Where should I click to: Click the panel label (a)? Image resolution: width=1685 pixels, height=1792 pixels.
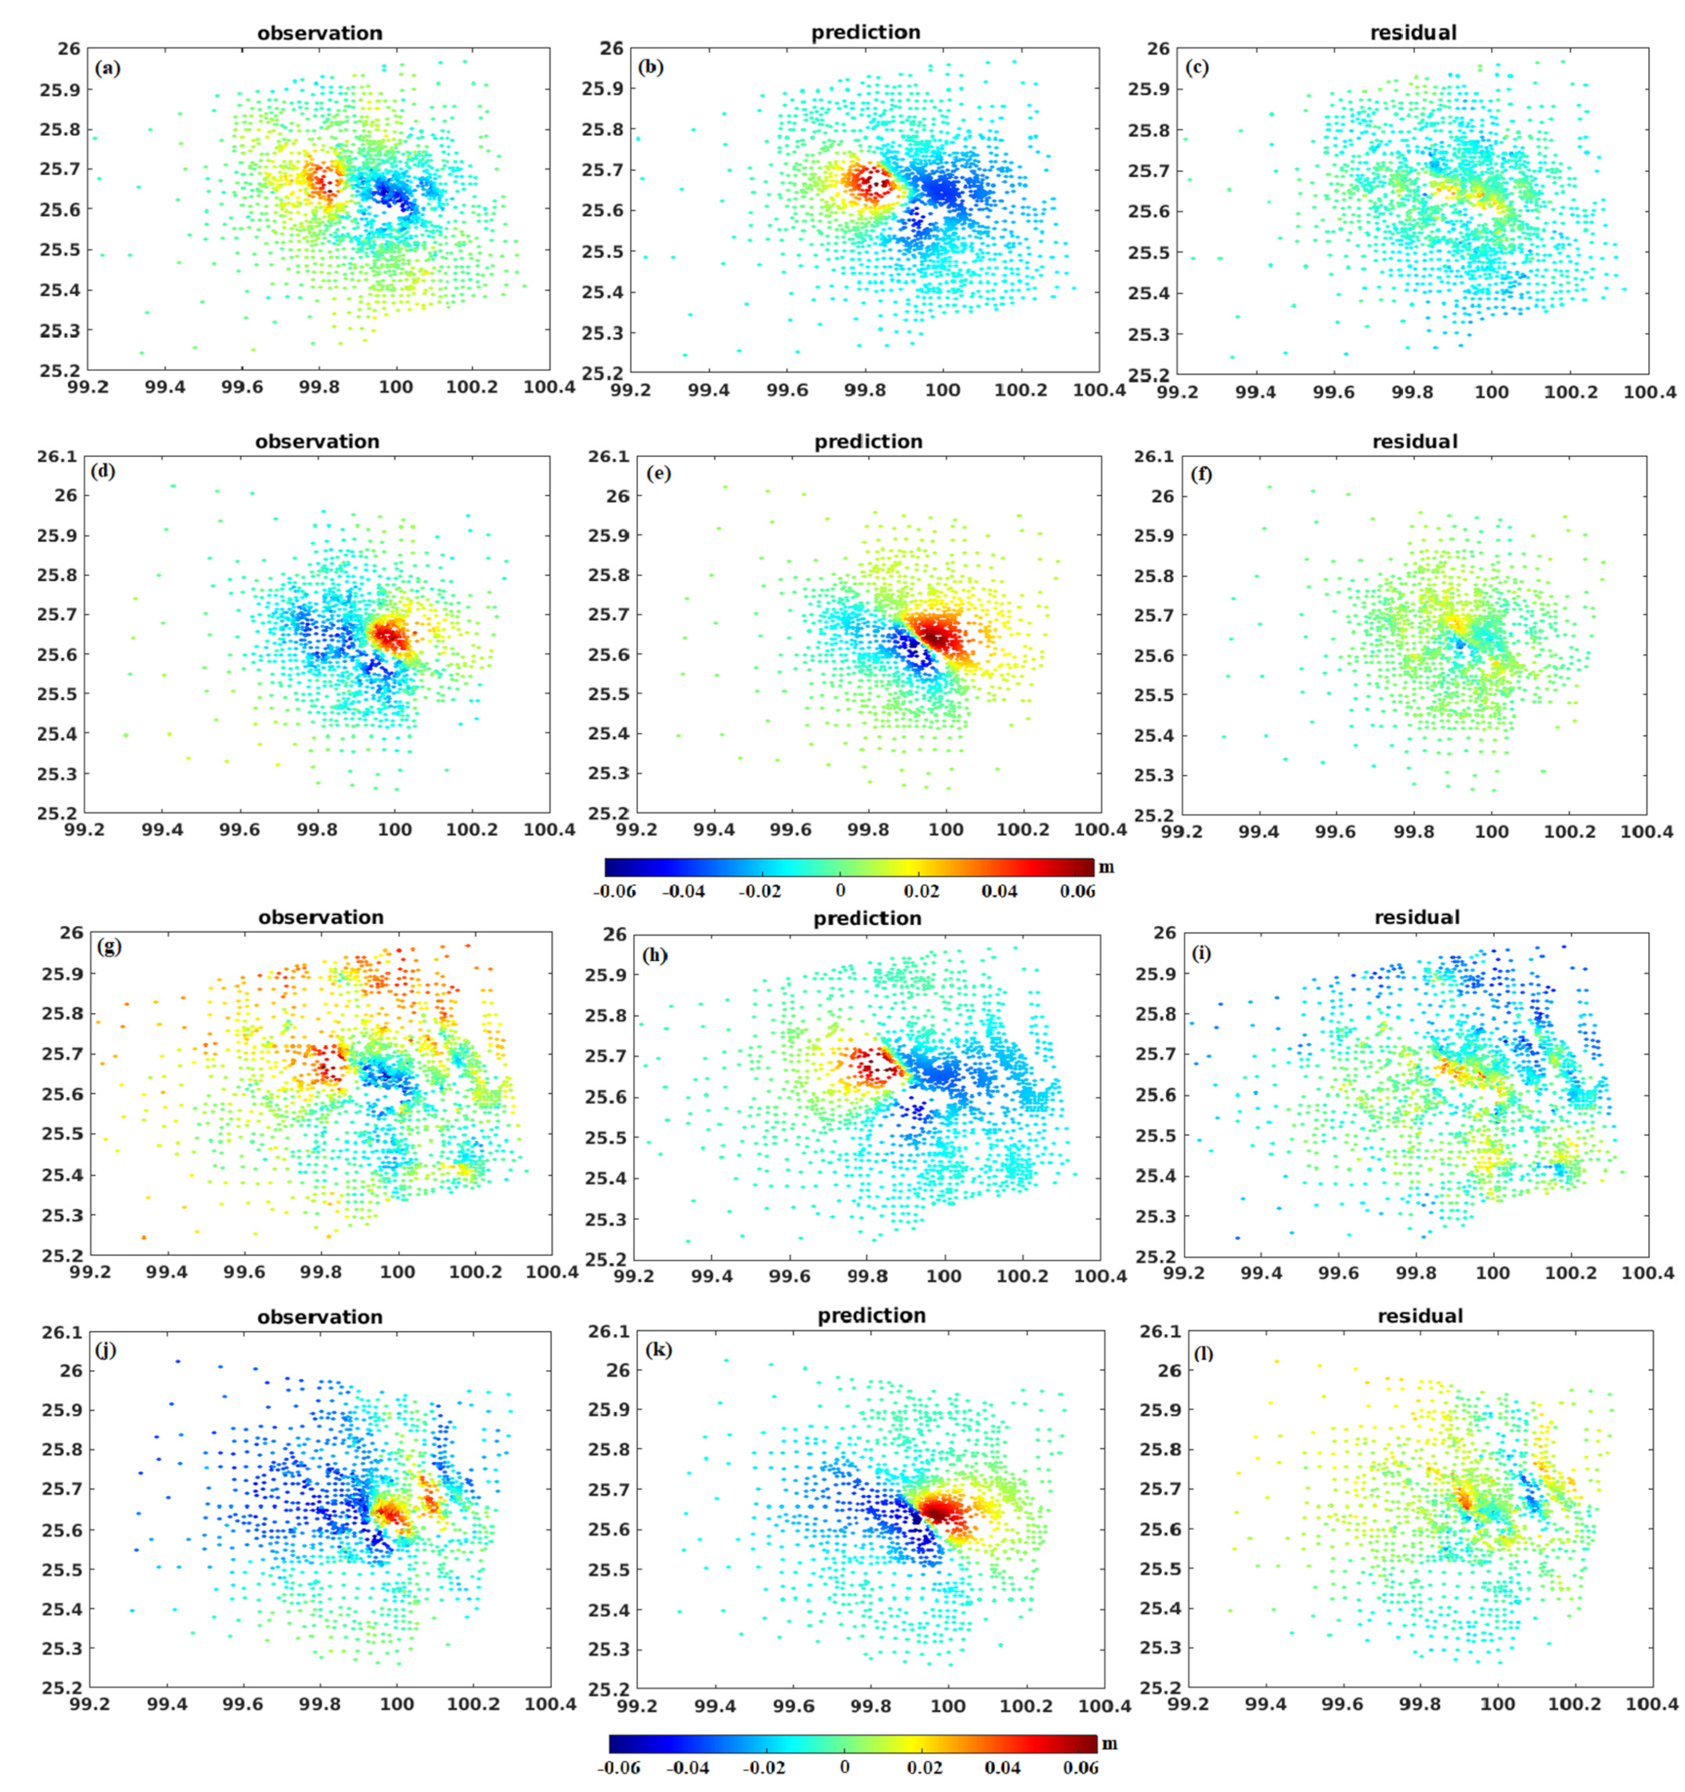(107, 69)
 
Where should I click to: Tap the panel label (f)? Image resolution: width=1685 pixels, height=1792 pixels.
(1199, 474)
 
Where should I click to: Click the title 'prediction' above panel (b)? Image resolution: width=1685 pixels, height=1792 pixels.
(866, 33)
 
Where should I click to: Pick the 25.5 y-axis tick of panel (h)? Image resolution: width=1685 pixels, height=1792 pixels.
(605, 1138)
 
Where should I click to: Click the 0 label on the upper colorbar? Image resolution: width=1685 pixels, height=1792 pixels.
(840, 892)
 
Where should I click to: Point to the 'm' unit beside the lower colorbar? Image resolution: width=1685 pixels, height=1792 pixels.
(1109, 1742)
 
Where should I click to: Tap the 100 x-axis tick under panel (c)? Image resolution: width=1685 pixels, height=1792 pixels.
(1491, 392)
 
